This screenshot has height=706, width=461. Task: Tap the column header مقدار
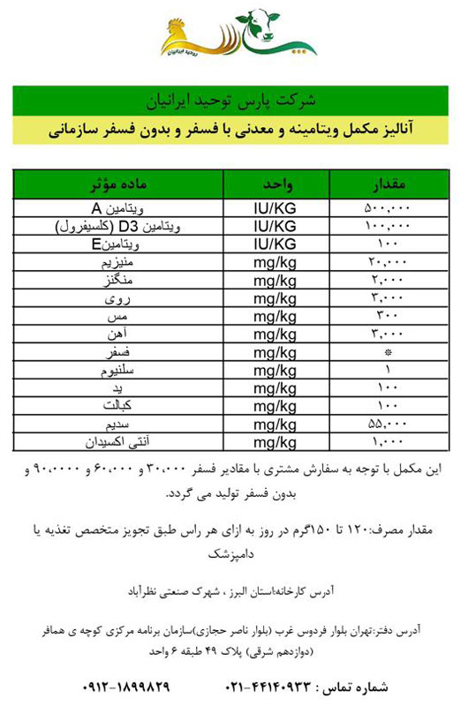click(385, 185)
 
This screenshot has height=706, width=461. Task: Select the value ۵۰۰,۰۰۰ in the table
click(387, 210)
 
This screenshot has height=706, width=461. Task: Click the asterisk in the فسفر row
click(387, 353)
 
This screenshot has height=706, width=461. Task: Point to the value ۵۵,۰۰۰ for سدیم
click(387, 424)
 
